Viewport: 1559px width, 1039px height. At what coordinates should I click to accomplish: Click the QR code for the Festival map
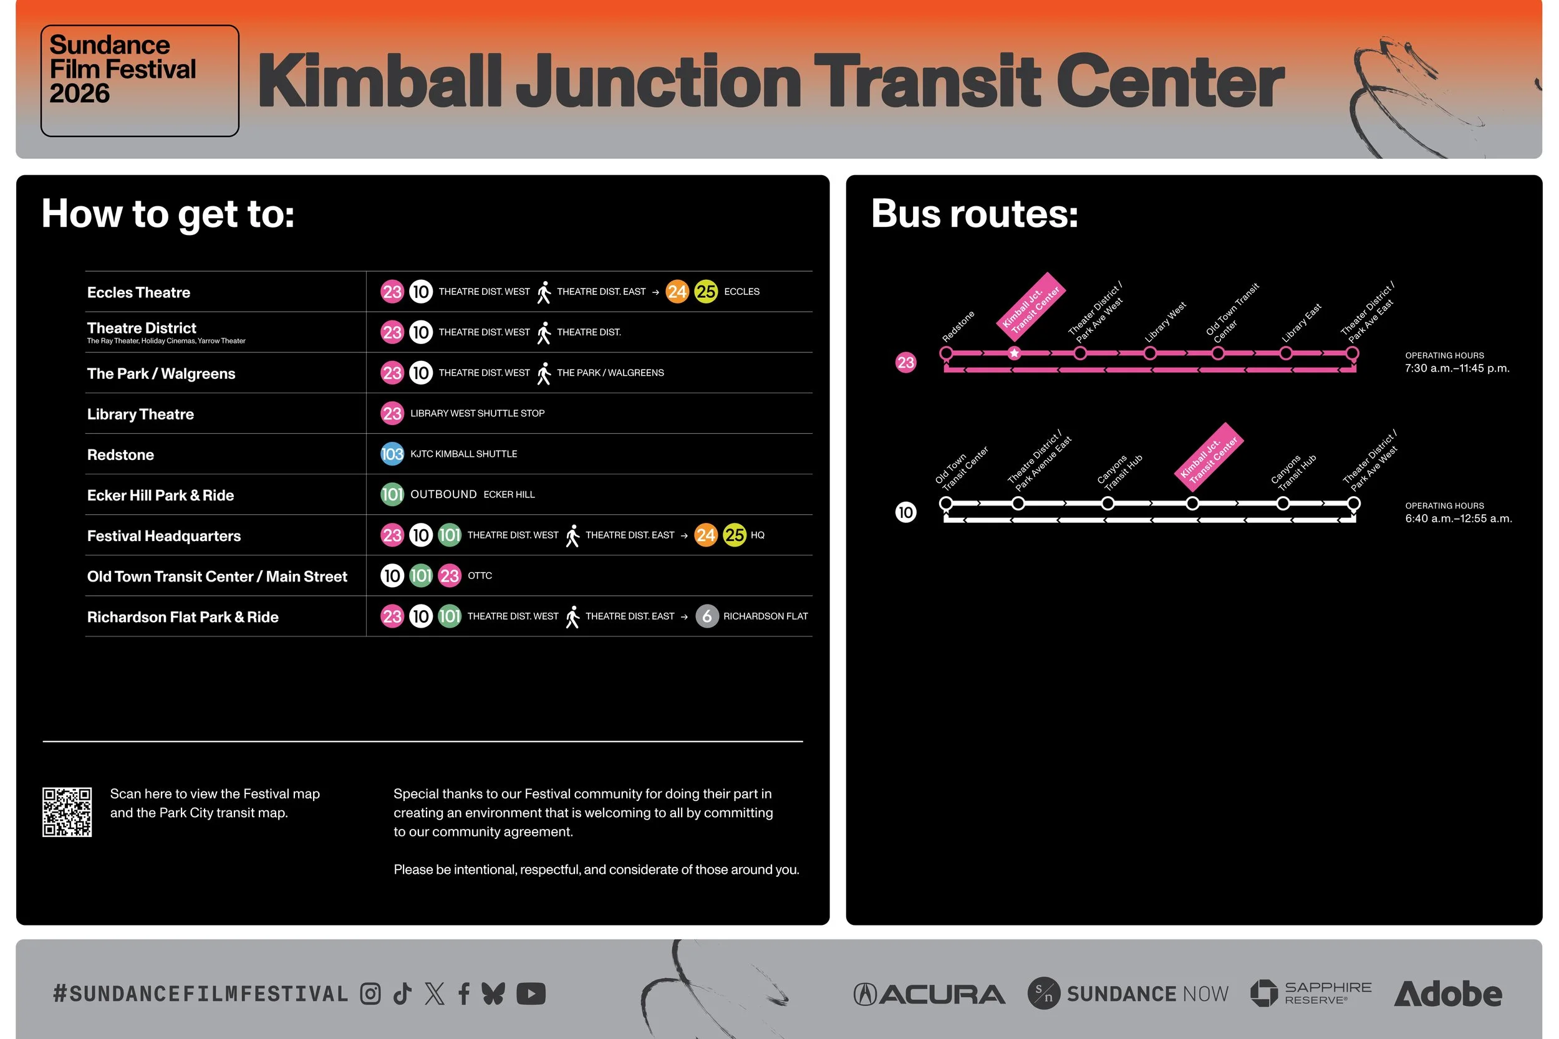pyautogui.click(x=67, y=812)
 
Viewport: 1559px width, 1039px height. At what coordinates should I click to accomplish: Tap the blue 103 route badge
pyautogui.click(x=392, y=454)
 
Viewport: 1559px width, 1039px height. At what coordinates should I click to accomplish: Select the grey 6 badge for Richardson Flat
pyautogui.click(x=707, y=616)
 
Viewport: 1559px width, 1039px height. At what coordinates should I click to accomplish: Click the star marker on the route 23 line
pyautogui.click(x=1013, y=353)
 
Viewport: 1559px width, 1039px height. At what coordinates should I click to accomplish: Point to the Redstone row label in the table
pyautogui.click(x=120, y=454)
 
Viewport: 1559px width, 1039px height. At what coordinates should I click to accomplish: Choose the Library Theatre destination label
pyautogui.click(x=140, y=414)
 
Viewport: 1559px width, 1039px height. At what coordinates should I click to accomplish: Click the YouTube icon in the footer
pyautogui.click(x=530, y=994)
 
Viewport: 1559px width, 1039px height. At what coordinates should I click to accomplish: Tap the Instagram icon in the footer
pyautogui.click(x=370, y=994)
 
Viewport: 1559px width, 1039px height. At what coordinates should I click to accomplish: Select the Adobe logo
pyautogui.click(x=1447, y=994)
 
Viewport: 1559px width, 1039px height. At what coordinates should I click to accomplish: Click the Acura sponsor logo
pyautogui.click(x=929, y=994)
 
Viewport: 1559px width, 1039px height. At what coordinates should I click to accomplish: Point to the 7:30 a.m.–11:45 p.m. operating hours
pyautogui.click(x=1457, y=368)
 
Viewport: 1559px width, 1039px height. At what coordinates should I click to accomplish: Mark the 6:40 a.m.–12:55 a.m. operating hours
pyautogui.click(x=1458, y=518)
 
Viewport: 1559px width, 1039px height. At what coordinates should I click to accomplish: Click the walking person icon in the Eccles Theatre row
pyautogui.click(x=544, y=292)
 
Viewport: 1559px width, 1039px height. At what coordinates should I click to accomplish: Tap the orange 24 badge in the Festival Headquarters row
pyautogui.click(x=705, y=535)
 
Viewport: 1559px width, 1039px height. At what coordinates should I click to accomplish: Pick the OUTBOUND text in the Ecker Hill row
pyautogui.click(x=443, y=494)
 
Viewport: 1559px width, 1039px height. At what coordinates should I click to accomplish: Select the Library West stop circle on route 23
pyautogui.click(x=1150, y=353)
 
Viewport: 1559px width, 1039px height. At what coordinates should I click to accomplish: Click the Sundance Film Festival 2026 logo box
pyautogui.click(x=139, y=81)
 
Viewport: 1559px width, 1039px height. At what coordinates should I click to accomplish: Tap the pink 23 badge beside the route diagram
pyautogui.click(x=905, y=363)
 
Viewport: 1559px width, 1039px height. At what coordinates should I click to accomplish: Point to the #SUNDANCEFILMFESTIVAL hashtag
pyautogui.click(x=201, y=994)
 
